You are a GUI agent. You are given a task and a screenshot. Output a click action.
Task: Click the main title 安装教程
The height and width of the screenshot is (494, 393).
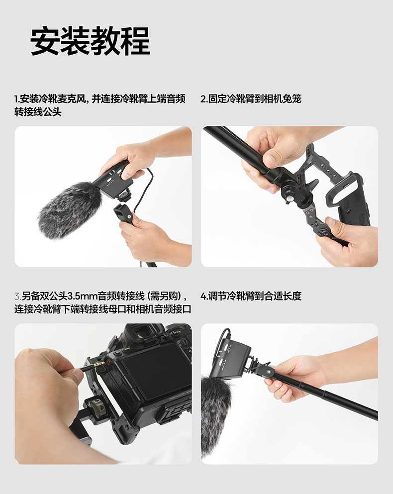click(x=90, y=41)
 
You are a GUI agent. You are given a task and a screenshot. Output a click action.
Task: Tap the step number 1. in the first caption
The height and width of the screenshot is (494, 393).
click(x=17, y=99)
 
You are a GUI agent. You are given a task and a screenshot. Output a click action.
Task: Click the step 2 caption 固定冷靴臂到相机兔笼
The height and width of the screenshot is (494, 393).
click(x=255, y=99)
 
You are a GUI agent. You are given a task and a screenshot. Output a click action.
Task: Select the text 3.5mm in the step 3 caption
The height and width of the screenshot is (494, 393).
click(x=82, y=296)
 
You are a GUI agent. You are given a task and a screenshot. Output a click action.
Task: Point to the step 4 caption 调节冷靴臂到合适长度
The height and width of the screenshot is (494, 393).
click(x=255, y=296)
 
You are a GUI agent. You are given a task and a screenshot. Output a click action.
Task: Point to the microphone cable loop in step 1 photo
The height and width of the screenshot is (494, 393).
click(x=146, y=192)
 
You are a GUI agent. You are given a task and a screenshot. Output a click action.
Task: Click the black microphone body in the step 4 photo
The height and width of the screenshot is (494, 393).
click(x=233, y=359)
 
